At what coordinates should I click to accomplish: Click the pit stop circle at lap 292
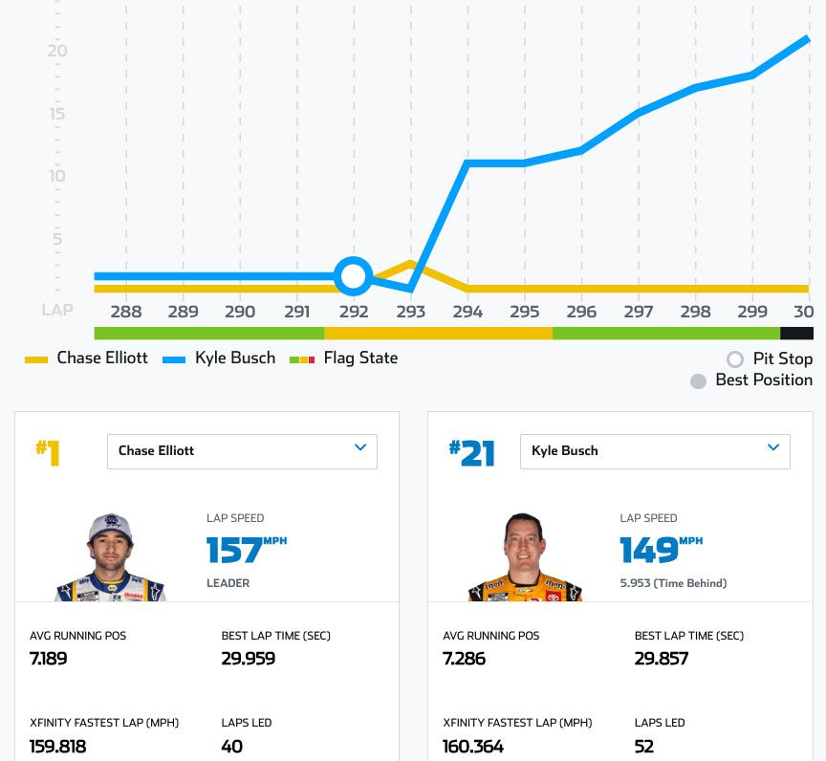354,276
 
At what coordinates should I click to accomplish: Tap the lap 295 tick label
524,312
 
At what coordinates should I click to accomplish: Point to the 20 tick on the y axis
57,51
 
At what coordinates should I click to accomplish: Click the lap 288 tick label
126,312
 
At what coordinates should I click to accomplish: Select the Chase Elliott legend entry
86,359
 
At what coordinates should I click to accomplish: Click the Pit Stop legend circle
734,359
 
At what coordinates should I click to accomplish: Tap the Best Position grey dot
698,380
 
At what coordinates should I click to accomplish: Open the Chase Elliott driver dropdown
242,451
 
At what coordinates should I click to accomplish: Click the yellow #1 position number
48,453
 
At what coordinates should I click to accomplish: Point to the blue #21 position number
472,453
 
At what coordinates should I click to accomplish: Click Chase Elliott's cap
110,525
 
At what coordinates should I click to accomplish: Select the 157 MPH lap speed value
235,551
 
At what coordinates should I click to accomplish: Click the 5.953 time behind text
673,582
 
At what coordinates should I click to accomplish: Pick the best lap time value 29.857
662,659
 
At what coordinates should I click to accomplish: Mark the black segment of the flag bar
796,333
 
